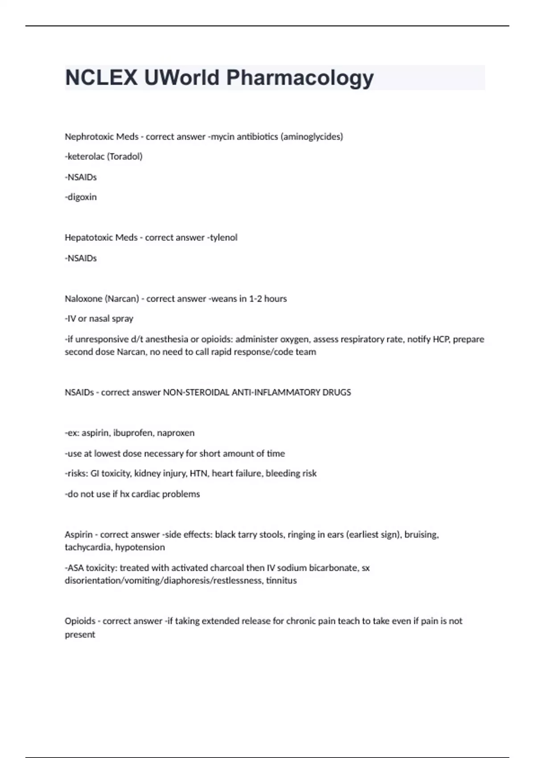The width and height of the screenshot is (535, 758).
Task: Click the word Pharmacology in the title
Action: click(300, 78)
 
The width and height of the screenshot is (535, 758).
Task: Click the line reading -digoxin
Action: click(81, 197)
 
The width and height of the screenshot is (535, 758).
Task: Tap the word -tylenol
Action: click(222, 238)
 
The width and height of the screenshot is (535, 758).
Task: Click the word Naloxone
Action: click(83, 299)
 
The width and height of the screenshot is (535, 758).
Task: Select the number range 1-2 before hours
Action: click(255, 299)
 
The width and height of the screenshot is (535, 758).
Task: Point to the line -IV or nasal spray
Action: click(99, 319)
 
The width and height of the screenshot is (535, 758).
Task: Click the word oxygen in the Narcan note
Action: click(294, 339)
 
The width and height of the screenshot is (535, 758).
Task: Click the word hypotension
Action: click(140, 547)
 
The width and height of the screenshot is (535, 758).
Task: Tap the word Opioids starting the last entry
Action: click(80, 621)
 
